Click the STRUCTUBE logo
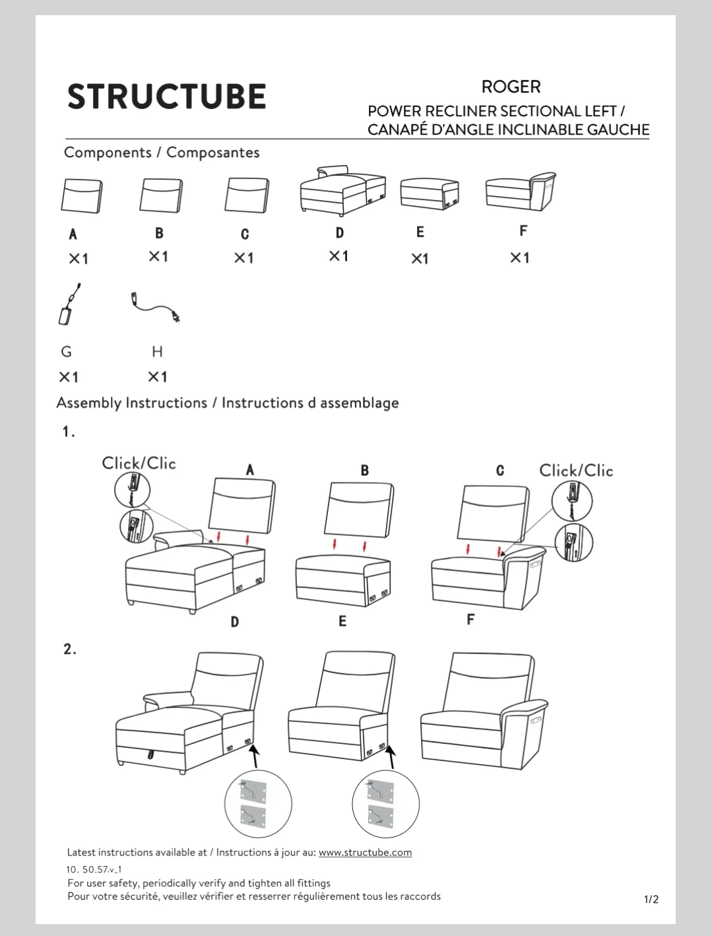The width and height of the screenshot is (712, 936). (166, 96)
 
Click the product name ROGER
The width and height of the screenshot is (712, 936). (511, 86)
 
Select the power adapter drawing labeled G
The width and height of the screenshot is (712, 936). (69, 304)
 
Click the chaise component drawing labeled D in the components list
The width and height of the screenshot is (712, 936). (343, 191)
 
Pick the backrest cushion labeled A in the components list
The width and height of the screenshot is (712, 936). (82, 196)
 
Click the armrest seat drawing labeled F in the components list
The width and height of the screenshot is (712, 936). (521, 191)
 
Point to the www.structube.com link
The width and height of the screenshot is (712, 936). (365, 852)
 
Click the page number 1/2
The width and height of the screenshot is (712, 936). (651, 899)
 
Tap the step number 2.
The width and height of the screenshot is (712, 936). (69, 649)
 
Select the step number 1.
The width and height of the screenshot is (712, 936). (69, 432)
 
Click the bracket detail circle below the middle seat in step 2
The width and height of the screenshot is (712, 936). (385, 804)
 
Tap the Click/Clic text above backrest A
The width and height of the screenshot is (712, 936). (139, 463)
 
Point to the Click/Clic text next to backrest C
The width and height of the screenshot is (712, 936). (576, 471)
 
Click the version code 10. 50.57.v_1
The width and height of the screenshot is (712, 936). (94, 869)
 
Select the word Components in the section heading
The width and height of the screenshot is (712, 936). (108, 152)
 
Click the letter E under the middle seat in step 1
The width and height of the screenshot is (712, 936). (342, 621)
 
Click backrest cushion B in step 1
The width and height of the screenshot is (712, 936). (359, 510)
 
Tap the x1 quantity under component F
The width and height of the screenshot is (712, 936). (519, 257)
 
